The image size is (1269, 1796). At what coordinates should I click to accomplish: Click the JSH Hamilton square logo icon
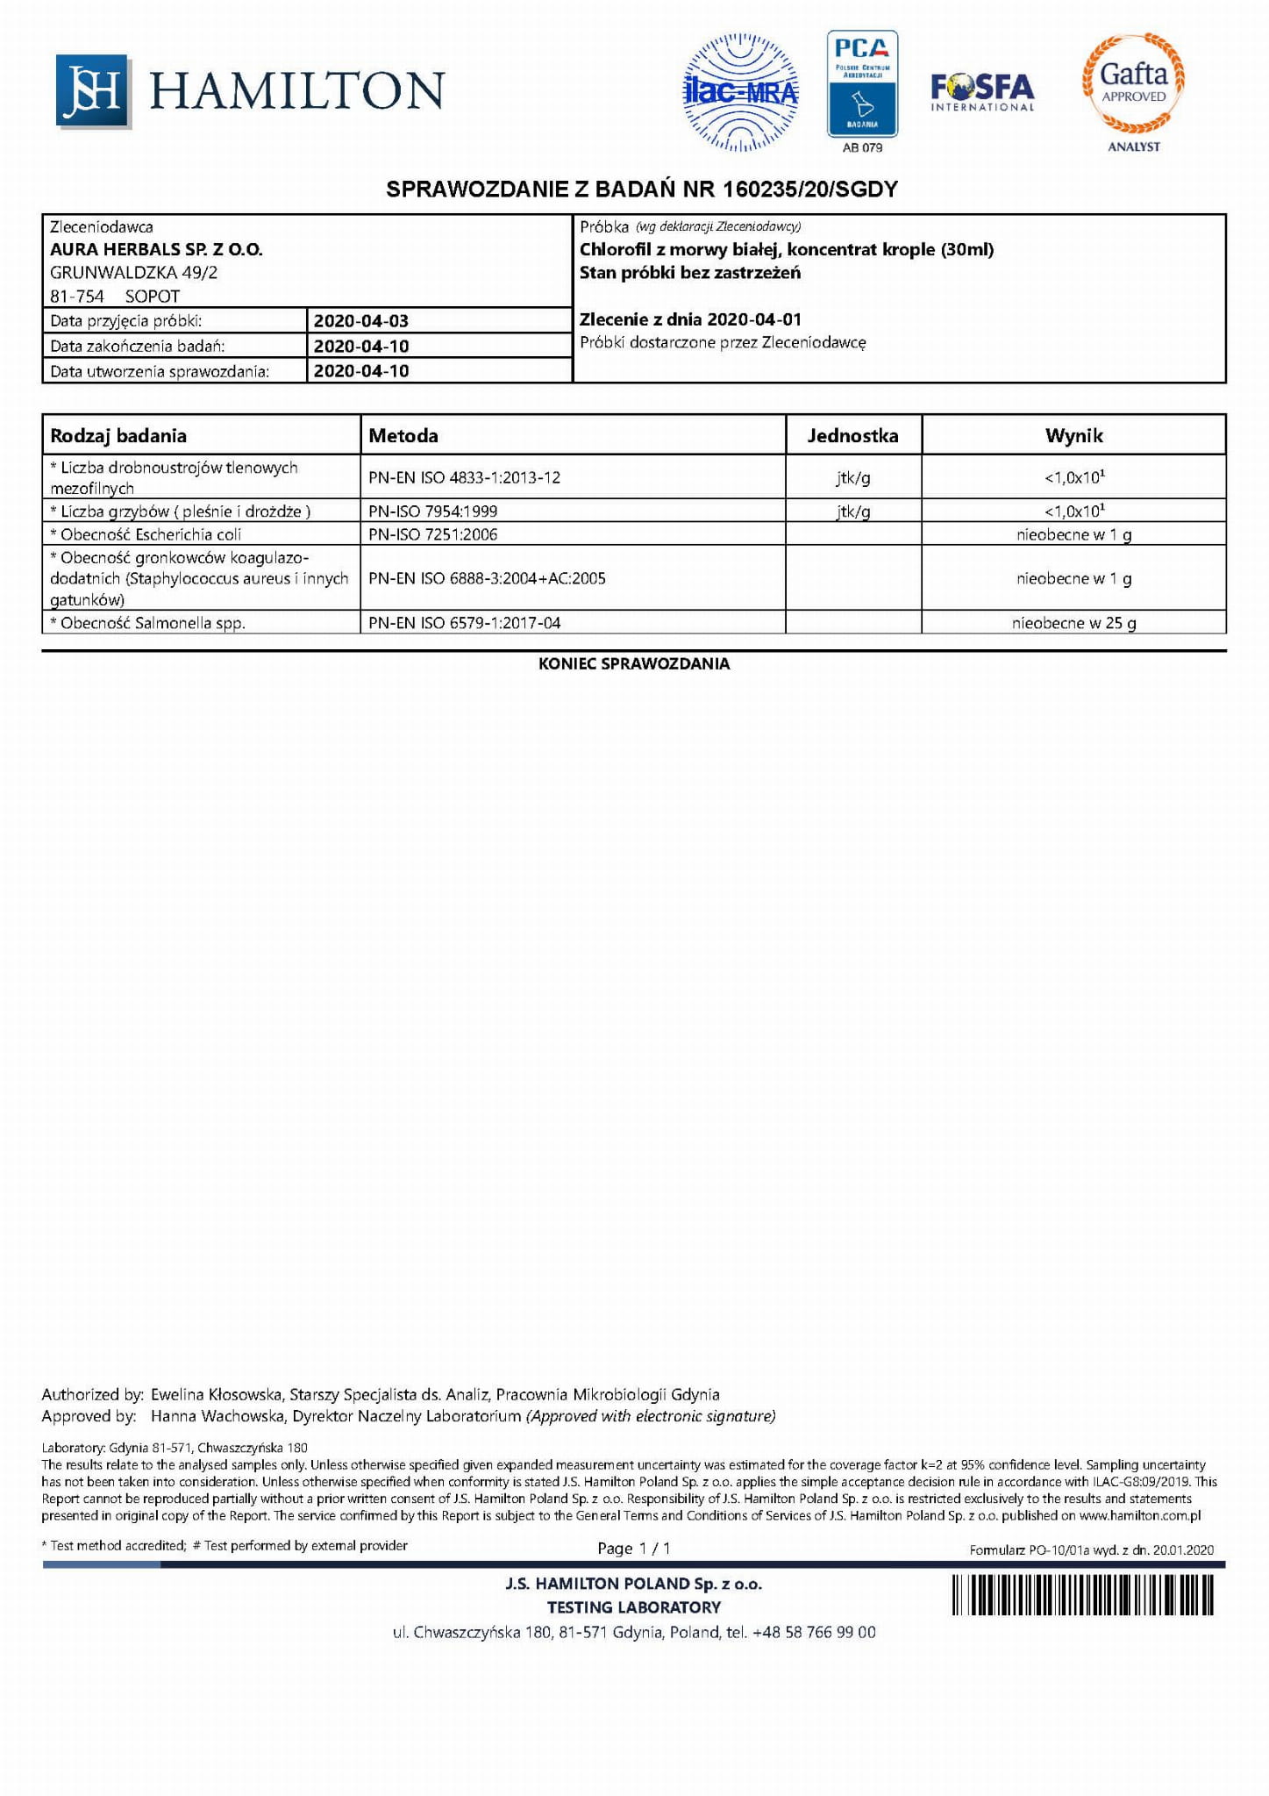pyautogui.click(x=92, y=90)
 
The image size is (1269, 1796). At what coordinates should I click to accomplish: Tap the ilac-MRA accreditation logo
pyautogui.click(x=741, y=92)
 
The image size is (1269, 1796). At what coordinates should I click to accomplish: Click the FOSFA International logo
pyautogui.click(x=982, y=91)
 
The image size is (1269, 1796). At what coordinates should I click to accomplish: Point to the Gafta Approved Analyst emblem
pyautogui.click(x=1133, y=88)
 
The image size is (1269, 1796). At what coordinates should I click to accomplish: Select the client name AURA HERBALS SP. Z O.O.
pyautogui.click(x=156, y=249)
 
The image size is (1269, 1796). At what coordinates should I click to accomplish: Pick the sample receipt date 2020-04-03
pyautogui.click(x=361, y=321)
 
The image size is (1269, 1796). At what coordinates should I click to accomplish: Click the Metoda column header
pyautogui.click(x=403, y=435)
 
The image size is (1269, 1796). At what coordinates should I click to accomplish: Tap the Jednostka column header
pyautogui.click(x=852, y=435)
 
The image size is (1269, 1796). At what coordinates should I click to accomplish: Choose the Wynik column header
pyautogui.click(x=1073, y=435)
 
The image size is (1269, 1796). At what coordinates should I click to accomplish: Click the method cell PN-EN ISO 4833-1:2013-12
pyautogui.click(x=464, y=477)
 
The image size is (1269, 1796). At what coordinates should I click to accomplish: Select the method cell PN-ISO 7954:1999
pyautogui.click(x=432, y=511)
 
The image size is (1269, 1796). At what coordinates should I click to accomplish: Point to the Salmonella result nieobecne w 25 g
pyautogui.click(x=1073, y=623)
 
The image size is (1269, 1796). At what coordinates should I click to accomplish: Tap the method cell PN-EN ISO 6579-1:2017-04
pyautogui.click(x=464, y=623)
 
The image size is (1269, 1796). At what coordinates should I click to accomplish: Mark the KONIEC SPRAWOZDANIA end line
pyautogui.click(x=634, y=664)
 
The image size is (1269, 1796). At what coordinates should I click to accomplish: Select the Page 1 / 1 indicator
pyautogui.click(x=633, y=1548)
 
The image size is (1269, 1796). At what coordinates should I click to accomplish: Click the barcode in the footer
pyautogui.click(x=1083, y=1594)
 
